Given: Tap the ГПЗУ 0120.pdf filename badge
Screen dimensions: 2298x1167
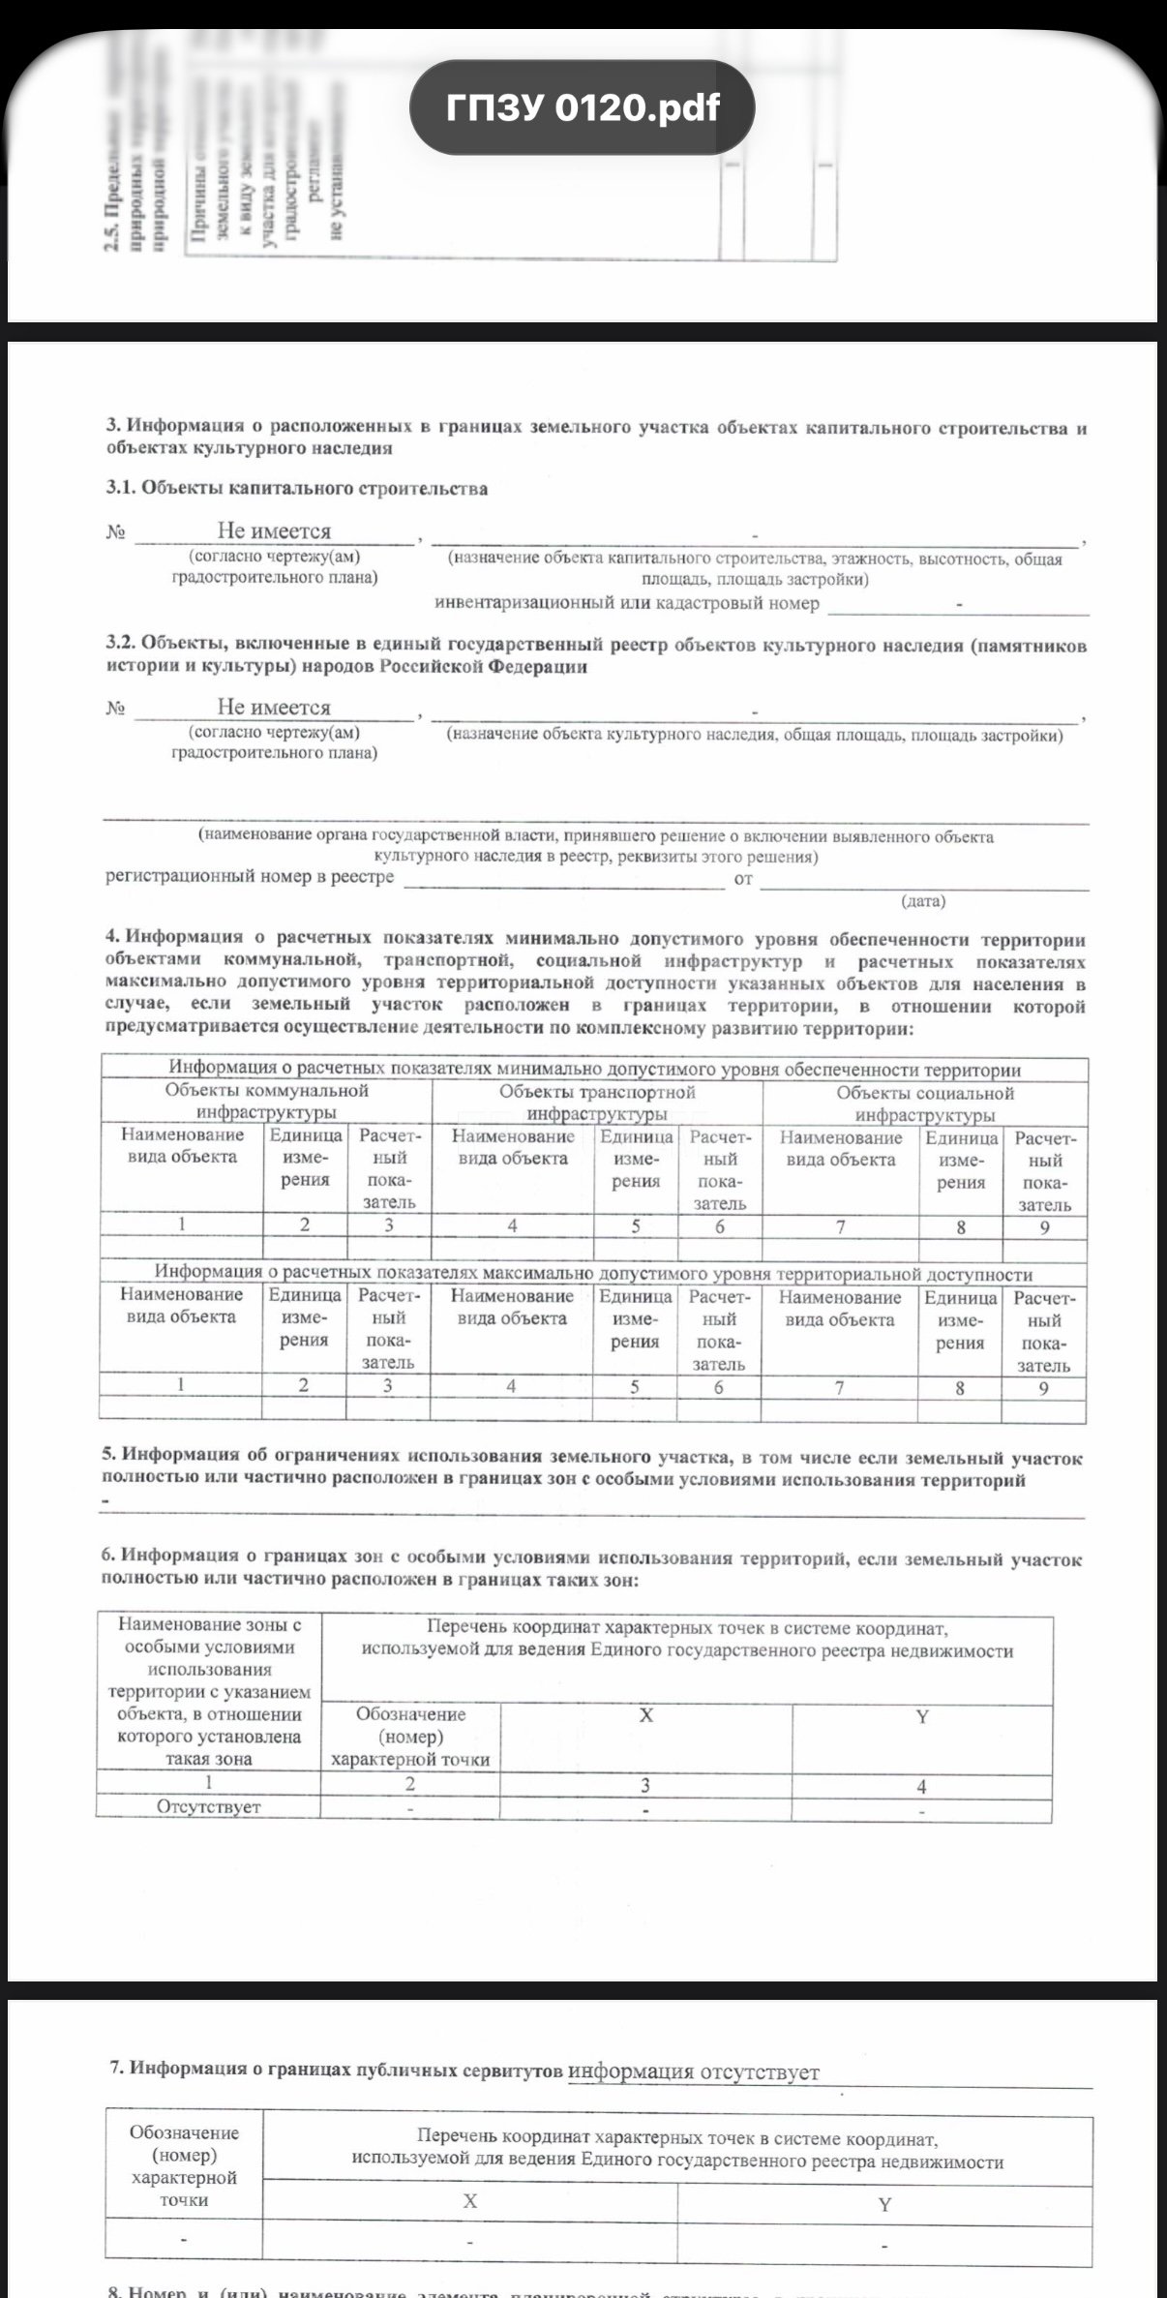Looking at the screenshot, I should pyautogui.click(x=582, y=107).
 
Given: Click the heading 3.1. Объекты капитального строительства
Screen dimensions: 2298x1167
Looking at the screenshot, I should pyautogui.click(x=297, y=488).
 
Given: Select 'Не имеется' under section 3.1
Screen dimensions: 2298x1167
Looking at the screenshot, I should pyautogui.click(x=274, y=530).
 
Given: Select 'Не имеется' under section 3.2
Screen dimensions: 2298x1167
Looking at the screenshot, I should pyautogui.click(x=274, y=707).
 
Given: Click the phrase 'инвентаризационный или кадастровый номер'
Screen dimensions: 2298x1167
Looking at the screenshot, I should pyautogui.click(x=627, y=603).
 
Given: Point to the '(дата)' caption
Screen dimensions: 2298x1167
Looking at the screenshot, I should pyautogui.click(x=923, y=901).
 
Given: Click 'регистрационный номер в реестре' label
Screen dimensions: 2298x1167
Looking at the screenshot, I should pyautogui.click(x=250, y=876).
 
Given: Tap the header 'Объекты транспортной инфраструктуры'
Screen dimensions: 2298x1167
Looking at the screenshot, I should pyautogui.click(x=597, y=1103).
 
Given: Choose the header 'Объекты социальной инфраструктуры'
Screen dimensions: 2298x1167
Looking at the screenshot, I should pyautogui.click(x=925, y=1104).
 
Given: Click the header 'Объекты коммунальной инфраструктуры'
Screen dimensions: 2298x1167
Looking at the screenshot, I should pyautogui.click(x=266, y=1102).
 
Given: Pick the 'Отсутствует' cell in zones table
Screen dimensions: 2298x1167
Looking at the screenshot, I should pyautogui.click(x=209, y=1806).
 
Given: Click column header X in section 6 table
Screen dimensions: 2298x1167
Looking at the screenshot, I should pyautogui.click(x=646, y=1715).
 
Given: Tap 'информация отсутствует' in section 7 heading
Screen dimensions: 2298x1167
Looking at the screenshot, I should pyautogui.click(x=693, y=2071).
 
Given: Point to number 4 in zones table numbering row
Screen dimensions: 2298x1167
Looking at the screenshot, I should pyautogui.click(x=921, y=1786).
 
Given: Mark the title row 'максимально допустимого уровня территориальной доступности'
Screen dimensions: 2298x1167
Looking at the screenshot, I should pyautogui.click(x=593, y=1274).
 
